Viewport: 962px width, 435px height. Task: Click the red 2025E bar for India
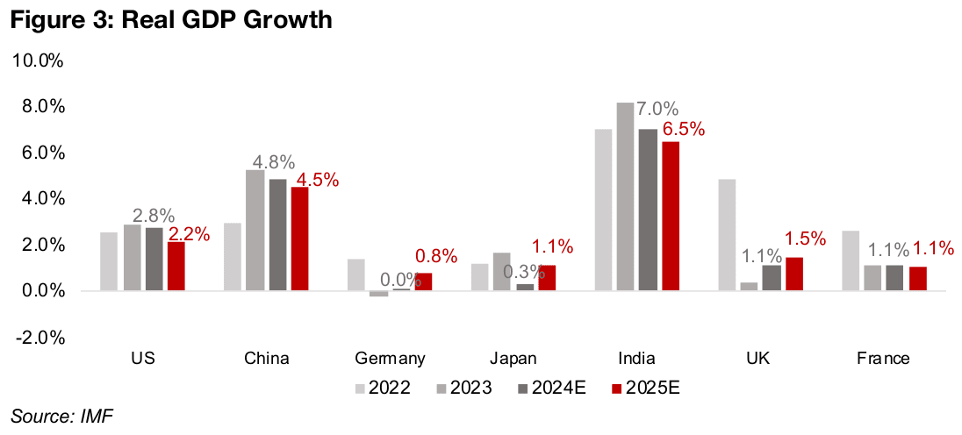click(x=671, y=216)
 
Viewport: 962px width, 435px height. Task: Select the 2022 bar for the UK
click(x=727, y=235)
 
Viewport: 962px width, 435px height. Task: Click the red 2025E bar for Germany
click(x=423, y=282)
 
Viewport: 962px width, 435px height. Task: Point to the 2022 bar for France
click(x=851, y=260)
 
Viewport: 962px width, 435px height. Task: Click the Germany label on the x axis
click(x=391, y=358)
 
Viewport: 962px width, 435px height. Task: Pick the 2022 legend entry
click(x=383, y=386)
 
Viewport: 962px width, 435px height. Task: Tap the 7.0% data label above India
click(x=657, y=110)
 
